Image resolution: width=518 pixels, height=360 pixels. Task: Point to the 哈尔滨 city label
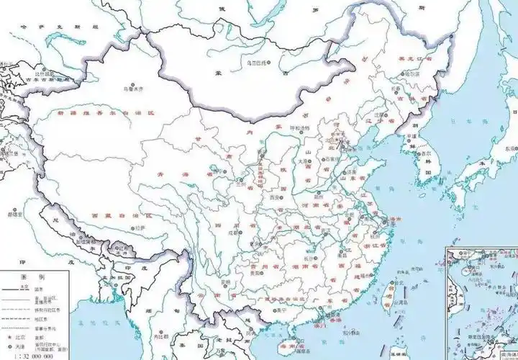click(412, 73)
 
